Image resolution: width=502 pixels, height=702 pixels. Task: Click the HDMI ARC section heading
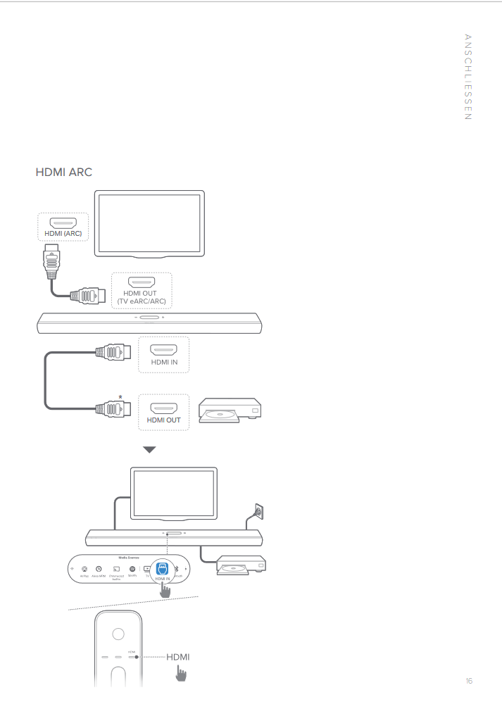pos(63,173)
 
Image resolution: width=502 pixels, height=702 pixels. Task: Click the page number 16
pos(468,681)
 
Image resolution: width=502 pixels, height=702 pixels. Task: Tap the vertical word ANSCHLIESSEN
pos(468,77)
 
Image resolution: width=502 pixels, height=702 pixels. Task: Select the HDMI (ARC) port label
pos(63,233)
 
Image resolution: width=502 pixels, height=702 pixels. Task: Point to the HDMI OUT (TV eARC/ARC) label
pos(141,297)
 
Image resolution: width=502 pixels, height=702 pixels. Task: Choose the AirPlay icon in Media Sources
pos(84,568)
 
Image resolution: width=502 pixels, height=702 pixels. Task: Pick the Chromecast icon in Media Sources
pos(116,568)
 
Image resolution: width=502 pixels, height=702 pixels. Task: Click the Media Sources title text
pos(128,557)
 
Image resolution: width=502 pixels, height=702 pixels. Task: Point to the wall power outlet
pos(258,510)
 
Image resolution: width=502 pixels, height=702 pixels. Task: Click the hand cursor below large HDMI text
pos(181,674)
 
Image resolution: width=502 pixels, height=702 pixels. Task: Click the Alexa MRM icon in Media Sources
pos(99,568)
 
